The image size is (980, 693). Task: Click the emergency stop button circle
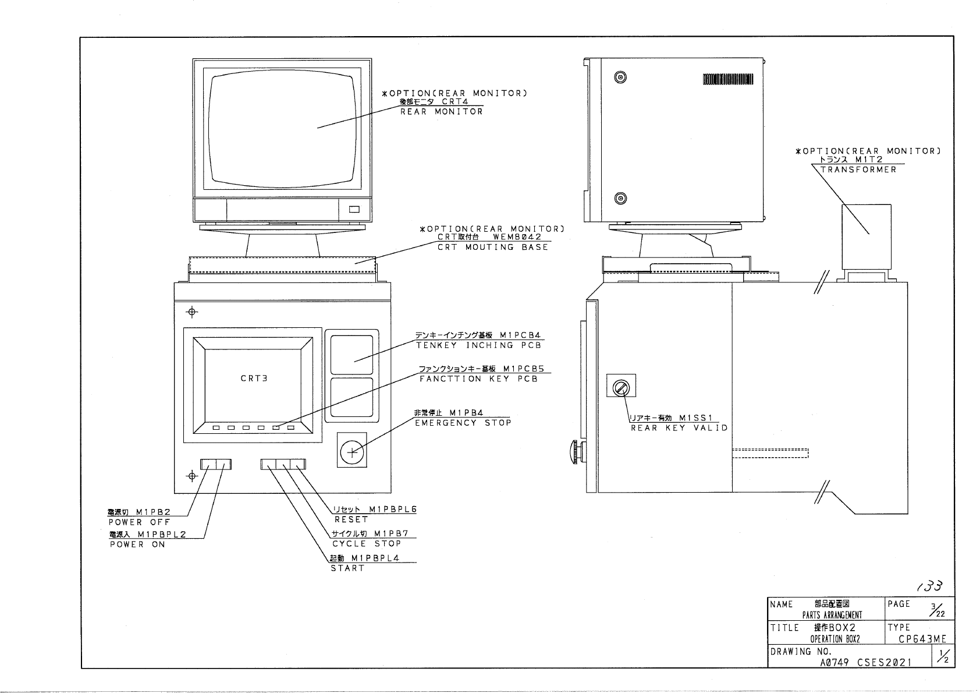pos(351,451)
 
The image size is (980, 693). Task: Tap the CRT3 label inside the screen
pos(254,379)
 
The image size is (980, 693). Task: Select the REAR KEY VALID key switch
pos(621,386)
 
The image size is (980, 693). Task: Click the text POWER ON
pos(137,544)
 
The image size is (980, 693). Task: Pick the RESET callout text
pos(351,519)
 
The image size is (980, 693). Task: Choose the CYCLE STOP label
pos(367,544)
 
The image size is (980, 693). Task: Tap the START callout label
pos(347,568)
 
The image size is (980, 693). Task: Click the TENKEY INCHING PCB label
pos(478,345)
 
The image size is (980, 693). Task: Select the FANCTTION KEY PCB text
pos(478,379)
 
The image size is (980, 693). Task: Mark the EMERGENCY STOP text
pos(463,423)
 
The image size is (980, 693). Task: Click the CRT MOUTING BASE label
pos(492,247)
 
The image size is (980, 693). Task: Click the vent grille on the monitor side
pos(728,80)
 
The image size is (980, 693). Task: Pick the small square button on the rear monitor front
pos(354,210)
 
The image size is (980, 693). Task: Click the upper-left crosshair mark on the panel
pos(191,312)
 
